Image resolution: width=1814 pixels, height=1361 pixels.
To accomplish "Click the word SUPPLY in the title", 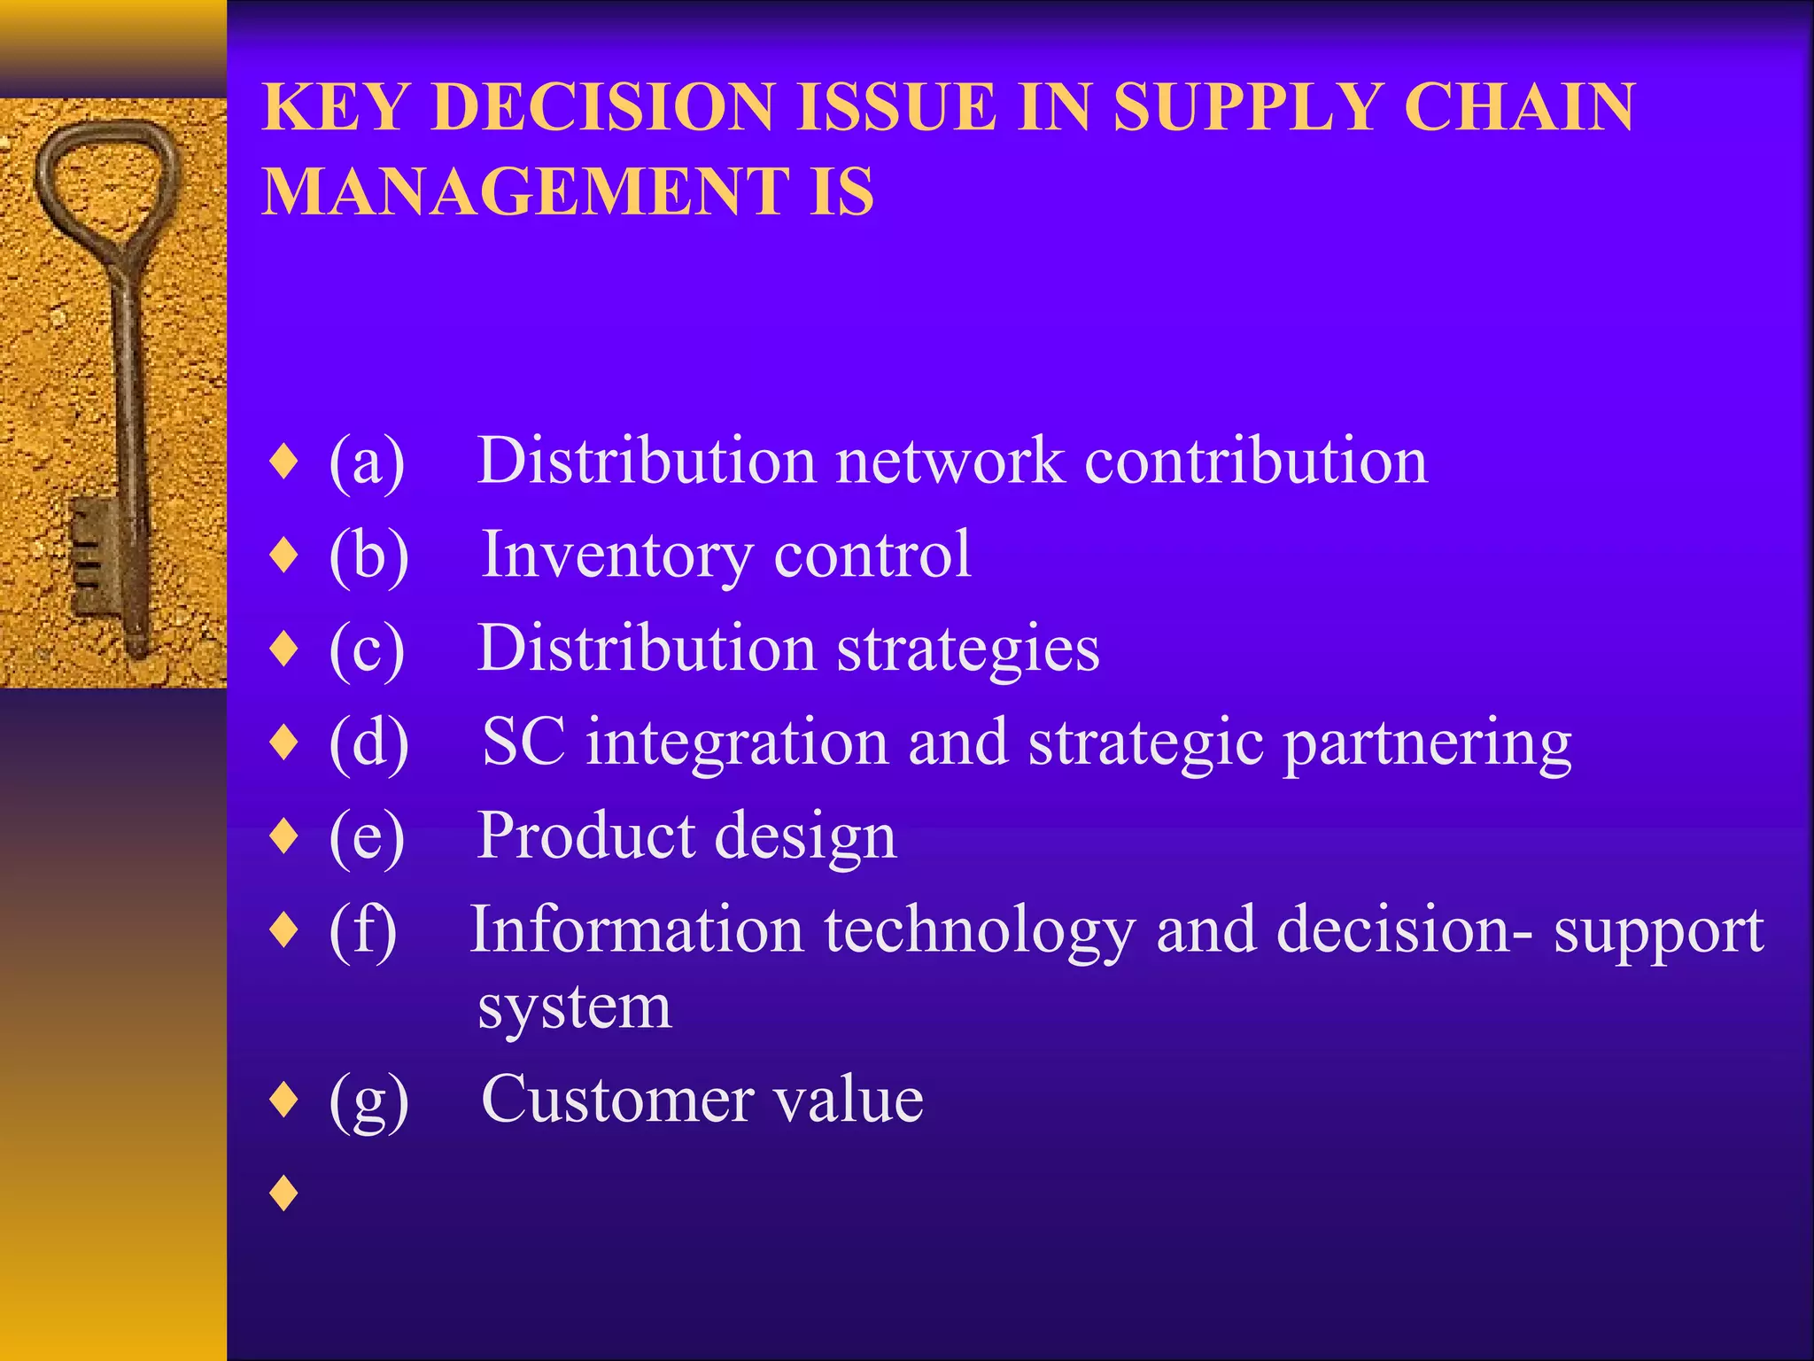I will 1247,107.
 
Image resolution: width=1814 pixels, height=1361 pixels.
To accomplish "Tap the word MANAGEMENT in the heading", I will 524,192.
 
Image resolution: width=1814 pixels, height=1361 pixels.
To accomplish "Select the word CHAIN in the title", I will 1519,107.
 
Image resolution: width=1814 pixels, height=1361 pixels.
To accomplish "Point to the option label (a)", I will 367,463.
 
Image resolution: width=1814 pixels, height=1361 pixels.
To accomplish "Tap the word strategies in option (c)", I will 968,649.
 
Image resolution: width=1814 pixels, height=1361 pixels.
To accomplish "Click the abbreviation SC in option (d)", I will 523,742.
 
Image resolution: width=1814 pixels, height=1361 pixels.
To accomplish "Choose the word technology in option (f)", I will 979,931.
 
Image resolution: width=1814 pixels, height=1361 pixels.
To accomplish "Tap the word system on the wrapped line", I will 574,1008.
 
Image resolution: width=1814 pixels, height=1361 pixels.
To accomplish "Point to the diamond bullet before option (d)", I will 284,742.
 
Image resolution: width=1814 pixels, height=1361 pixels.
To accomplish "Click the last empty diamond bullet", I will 284,1194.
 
